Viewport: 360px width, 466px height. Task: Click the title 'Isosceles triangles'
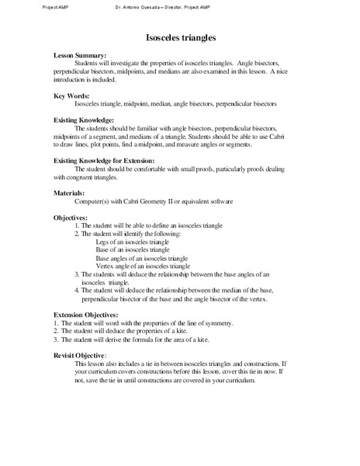[181, 37]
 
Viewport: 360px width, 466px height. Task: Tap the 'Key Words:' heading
[72, 95]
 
